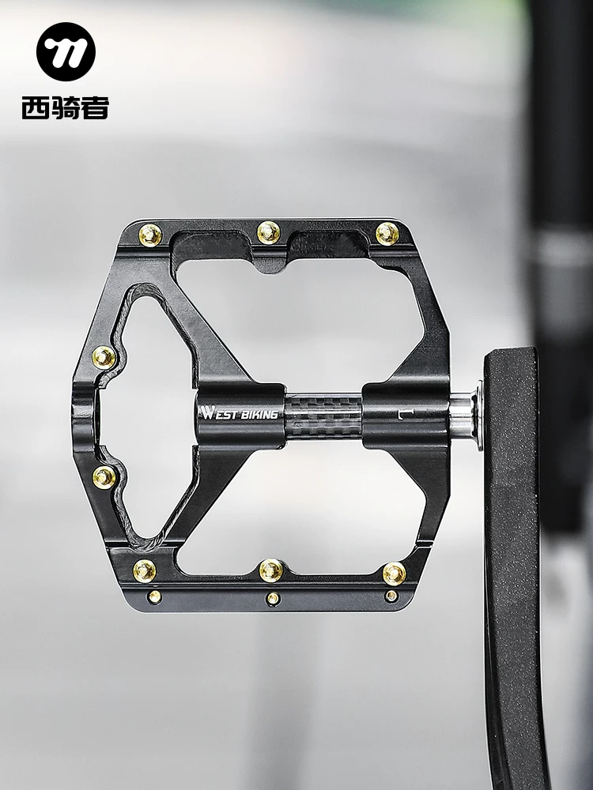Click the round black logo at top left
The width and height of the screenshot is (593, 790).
pos(66,52)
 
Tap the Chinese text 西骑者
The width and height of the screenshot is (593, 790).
pos(66,107)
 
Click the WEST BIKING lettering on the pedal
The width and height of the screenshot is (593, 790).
pos(240,413)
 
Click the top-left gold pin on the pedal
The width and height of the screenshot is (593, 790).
pos(150,235)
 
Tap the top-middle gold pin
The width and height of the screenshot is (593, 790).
pos(269,232)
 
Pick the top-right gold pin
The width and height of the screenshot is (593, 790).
pos(387,233)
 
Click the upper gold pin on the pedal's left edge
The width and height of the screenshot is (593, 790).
pos(104,357)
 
